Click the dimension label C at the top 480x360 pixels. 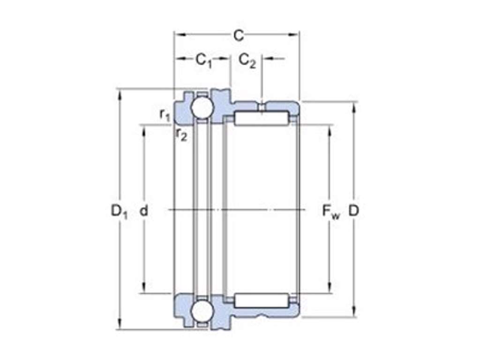click(239, 36)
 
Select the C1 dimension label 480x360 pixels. click(204, 60)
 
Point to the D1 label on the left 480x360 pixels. click(119, 211)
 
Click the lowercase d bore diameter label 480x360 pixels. click(143, 210)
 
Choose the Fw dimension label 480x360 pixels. click(331, 211)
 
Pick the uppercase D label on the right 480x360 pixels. click(353, 210)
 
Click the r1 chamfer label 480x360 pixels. click(165, 115)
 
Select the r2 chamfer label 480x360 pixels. click(181, 134)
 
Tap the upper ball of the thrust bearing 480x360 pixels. click(202, 107)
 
